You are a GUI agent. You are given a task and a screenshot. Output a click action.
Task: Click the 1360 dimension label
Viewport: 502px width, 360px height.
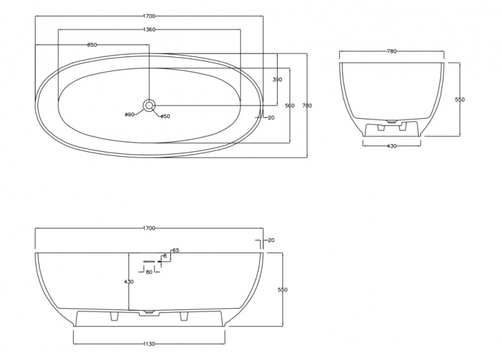[x=149, y=30]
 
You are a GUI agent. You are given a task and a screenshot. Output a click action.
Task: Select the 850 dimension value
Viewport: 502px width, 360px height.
[x=92, y=45]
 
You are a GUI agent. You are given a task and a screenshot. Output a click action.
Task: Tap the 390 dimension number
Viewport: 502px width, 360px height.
[x=277, y=79]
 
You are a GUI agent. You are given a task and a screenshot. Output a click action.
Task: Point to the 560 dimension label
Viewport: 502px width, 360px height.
[x=289, y=105]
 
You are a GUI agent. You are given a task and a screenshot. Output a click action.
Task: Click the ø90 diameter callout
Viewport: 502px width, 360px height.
[x=130, y=114]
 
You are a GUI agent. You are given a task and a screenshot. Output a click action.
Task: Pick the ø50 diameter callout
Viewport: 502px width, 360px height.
[x=165, y=116]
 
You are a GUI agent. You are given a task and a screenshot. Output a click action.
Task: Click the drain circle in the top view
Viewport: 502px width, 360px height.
[x=149, y=105]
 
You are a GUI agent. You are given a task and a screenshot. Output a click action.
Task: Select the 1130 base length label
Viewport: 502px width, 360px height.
[x=149, y=344]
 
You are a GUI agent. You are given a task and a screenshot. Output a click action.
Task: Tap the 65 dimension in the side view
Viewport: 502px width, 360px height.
[x=175, y=251]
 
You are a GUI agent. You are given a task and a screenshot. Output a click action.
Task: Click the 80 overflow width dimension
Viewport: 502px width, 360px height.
[x=149, y=272]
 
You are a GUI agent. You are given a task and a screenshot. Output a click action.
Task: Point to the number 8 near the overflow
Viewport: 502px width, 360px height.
[x=165, y=256]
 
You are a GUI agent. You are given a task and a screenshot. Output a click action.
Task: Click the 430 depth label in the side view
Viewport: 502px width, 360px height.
[x=129, y=282]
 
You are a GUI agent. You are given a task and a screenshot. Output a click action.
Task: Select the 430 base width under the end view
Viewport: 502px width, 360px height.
[x=391, y=146]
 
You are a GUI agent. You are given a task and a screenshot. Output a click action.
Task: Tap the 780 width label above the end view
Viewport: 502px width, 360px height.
[x=392, y=51]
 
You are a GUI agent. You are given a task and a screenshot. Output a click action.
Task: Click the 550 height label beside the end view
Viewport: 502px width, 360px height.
[x=459, y=100]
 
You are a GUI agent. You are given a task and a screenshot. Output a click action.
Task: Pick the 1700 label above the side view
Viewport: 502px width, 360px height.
[x=149, y=228]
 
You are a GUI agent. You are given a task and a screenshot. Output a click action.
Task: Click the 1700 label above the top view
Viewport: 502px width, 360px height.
[x=149, y=16]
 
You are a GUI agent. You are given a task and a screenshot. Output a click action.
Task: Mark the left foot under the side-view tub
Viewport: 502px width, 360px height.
[x=114, y=316]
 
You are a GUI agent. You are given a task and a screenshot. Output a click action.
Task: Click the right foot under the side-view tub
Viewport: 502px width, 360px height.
[x=184, y=316]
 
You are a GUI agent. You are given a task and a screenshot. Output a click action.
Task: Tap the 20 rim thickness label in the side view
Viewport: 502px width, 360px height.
[x=271, y=241]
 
